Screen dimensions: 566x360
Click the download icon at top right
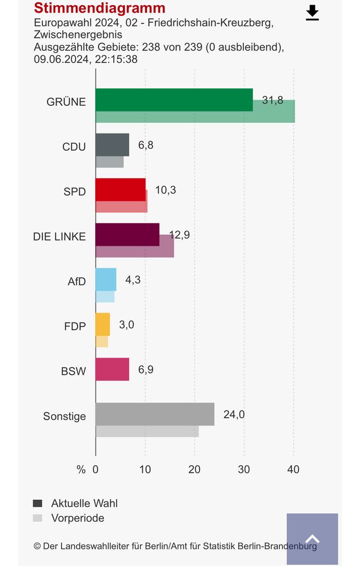pyautogui.click(x=312, y=13)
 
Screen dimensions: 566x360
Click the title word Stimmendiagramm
pyautogui.click(x=100, y=8)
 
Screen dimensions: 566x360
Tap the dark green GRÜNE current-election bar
pyautogui.click(x=174, y=100)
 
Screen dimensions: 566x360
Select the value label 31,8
pyautogui.click(x=272, y=100)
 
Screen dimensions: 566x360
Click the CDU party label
pyautogui.click(x=74, y=147)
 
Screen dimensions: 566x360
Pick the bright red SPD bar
pyautogui.click(x=120, y=190)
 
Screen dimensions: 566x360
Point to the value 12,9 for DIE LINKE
pyautogui.click(x=179, y=234)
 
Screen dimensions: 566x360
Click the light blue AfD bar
pyautogui.click(x=106, y=279)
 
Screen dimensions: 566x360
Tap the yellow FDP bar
pyautogui.click(x=102, y=324)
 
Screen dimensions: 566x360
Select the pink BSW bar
pyautogui.click(x=112, y=369)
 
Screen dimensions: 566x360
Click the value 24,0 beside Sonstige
pyautogui.click(x=234, y=414)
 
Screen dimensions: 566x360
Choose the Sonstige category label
pyautogui.click(x=65, y=417)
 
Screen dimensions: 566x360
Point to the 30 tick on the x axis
pyautogui.click(x=244, y=469)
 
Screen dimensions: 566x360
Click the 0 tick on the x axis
pyautogui.click(x=96, y=469)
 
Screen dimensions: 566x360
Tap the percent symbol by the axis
pyautogui.click(x=81, y=469)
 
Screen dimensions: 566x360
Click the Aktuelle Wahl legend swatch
pyautogui.click(x=38, y=503)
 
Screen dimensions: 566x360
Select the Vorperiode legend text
pyautogui.click(x=78, y=518)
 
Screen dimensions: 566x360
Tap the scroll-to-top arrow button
pyautogui.click(x=312, y=539)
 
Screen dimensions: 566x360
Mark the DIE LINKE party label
pyautogui.click(x=59, y=237)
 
